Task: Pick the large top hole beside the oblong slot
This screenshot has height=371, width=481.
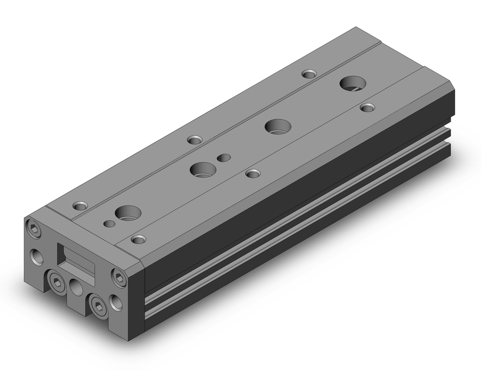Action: (x=203, y=169)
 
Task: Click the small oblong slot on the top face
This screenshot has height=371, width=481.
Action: (x=224, y=158)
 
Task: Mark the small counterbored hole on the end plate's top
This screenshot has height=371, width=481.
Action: (x=80, y=206)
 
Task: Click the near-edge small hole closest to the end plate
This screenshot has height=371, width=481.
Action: (x=139, y=239)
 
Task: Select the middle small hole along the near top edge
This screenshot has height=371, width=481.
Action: (x=252, y=173)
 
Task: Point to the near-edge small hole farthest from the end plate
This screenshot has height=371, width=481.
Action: (x=368, y=107)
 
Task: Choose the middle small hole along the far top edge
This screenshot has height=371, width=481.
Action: (x=194, y=140)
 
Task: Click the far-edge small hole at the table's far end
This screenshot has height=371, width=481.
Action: (x=309, y=74)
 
